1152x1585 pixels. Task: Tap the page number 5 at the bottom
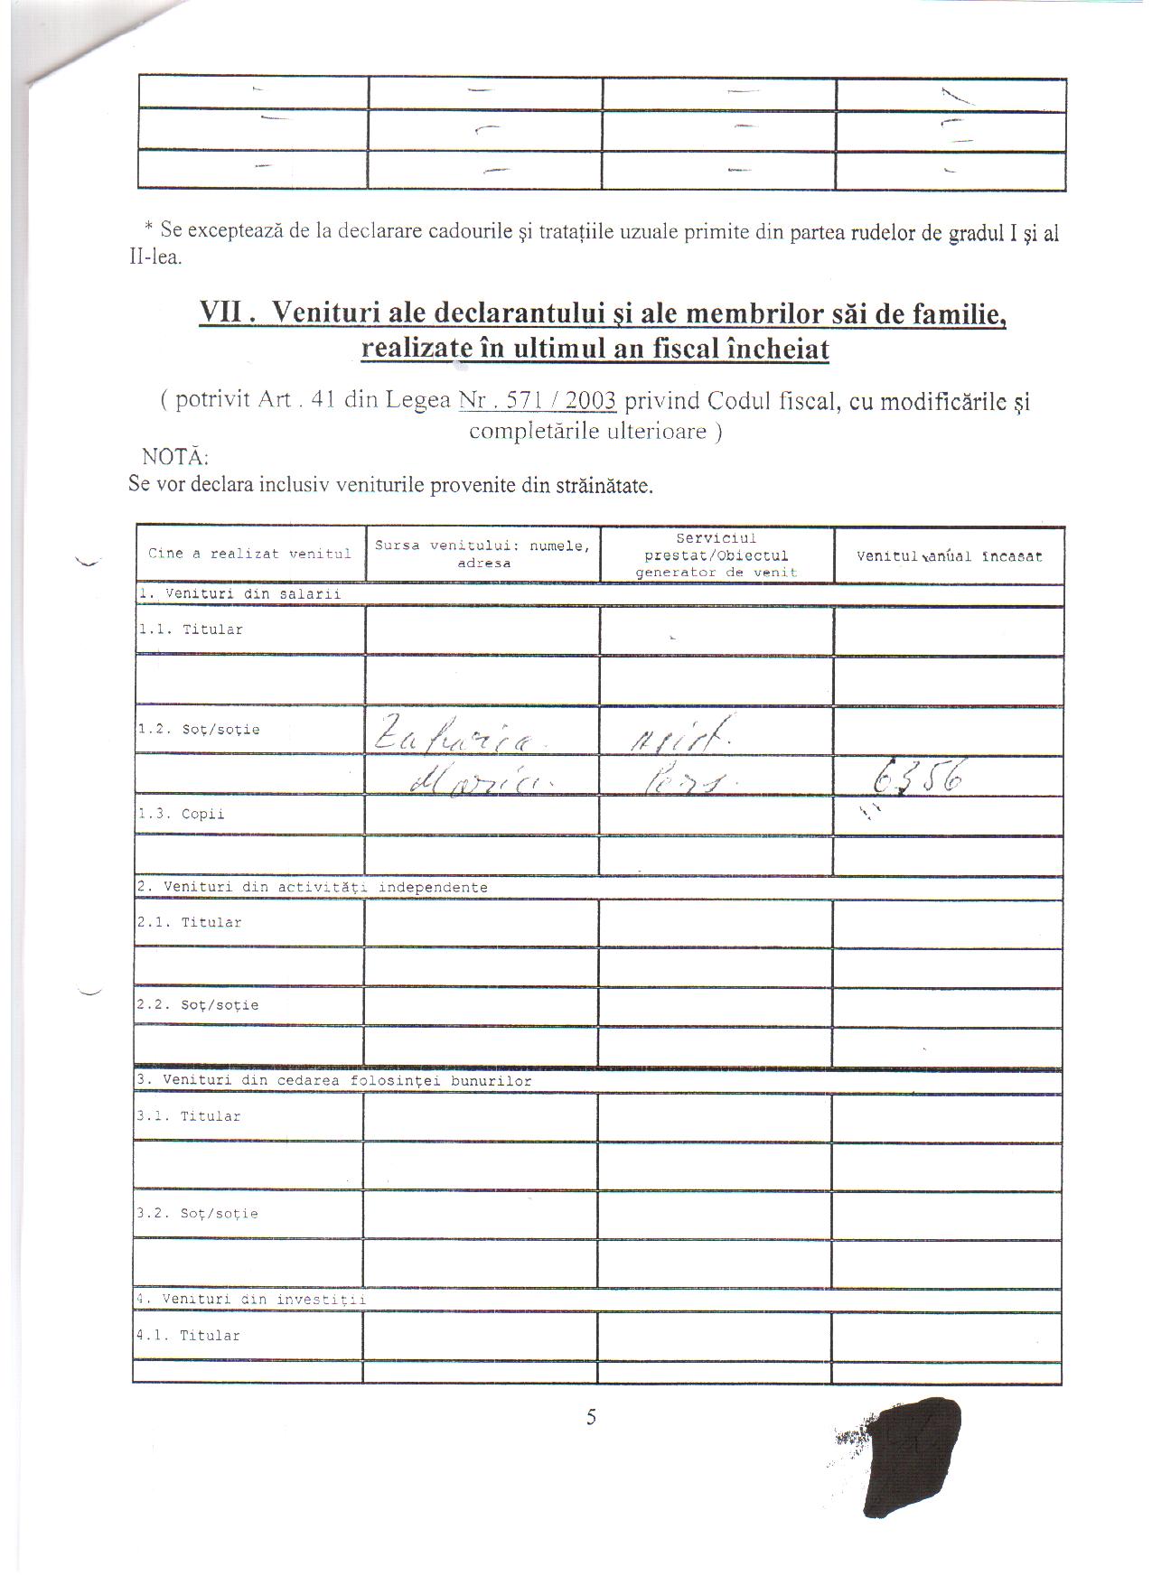(591, 1417)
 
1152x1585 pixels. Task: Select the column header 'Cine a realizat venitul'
(249, 554)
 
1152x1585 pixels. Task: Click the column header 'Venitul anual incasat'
(949, 556)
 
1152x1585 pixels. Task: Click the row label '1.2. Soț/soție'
(199, 729)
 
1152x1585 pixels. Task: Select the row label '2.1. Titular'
(190, 922)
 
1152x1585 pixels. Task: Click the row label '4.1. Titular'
(188, 1335)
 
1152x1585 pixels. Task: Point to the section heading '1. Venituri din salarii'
(239, 593)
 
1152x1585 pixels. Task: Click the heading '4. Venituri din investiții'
(251, 1300)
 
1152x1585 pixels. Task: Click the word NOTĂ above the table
(175, 456)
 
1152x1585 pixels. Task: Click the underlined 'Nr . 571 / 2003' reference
(538, 400)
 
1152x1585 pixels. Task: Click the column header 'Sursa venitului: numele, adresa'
(483, 554)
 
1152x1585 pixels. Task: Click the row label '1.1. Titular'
(190, 629)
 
